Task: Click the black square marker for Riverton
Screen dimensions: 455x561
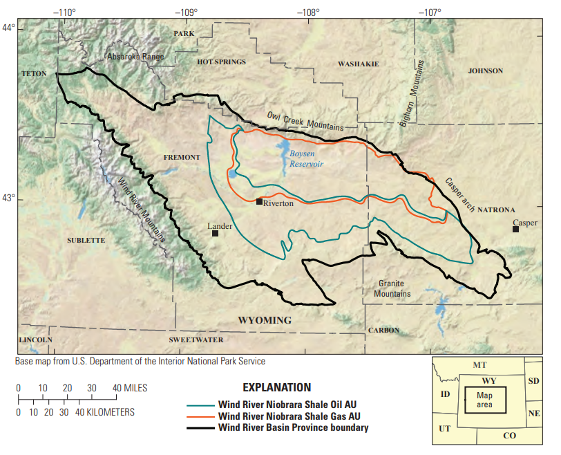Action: tap(259, 201)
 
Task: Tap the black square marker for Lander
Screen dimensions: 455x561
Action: tap(215, 233)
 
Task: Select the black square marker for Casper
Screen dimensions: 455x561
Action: tap(515, 229)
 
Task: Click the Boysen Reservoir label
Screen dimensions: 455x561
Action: tap(306, 159)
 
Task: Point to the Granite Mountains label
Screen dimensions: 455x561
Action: tap(392, 288)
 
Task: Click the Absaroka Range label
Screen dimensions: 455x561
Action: tap(135, 57)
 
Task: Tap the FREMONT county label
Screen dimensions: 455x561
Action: tap(181, 158)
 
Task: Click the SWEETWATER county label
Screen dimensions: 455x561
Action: tap(196, 340)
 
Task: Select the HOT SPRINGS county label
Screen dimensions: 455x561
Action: tap(221, 62)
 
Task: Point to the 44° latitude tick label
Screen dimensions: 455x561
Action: tap(8, 28)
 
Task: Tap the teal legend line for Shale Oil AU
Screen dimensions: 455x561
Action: tap(201, 405)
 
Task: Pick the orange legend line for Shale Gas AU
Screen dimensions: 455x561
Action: tap(201, 416)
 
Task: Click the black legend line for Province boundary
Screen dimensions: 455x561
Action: tap(201, 428)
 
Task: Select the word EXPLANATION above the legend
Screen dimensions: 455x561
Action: tap(276, 387)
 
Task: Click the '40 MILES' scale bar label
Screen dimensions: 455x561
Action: tap(131, 388)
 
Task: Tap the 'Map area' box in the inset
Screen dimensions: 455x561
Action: tap(484, 399)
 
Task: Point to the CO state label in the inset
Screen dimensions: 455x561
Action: tap(509, 436)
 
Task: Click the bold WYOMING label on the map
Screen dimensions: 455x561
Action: tap(265, 320)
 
